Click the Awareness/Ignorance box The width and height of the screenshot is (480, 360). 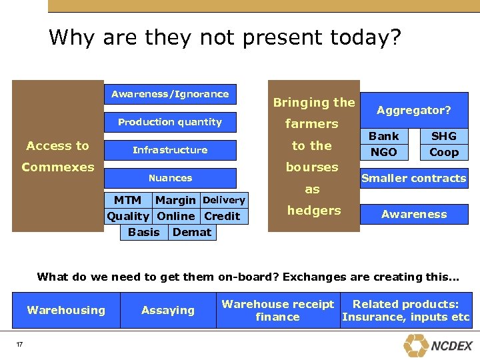click(x=170, y=94)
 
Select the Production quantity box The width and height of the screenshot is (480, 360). click(x=170, y=122)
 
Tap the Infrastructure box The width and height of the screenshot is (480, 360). click(x=170, y=150)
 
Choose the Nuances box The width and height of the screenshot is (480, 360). click(x=170, y=178)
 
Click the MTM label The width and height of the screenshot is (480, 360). click(x=127, y=200)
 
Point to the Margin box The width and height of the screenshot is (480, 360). click(x=175, y=200)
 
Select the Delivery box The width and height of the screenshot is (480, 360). click(x=224, y=200)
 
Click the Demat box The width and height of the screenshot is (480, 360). click(x=192, y=232)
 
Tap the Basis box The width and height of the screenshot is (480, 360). click(x=144, y=232)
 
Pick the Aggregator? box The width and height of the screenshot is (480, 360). click(x=414, y=110)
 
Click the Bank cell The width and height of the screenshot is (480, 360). click(x=384, y=136)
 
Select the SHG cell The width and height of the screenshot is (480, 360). click(x=444, y=136)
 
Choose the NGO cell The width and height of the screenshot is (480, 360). click(x=384, y=152)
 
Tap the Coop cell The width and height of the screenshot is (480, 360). click(x=444, y=152)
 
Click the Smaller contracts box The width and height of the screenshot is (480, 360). click(x=414, y=178)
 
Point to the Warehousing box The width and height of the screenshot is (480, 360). click(x=66, y=310)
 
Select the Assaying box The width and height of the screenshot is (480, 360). click(x=168, y=310)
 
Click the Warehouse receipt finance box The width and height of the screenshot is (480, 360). click(x=277, y=310)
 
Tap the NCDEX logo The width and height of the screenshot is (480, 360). click(x=437, y=345)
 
